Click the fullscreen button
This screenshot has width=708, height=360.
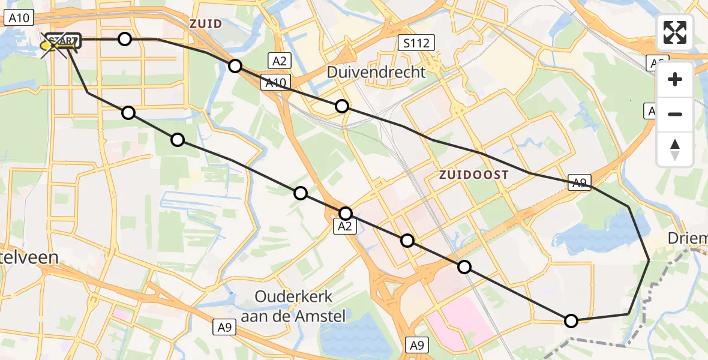[x=675, y=32]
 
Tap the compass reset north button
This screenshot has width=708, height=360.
[x=675, y=149]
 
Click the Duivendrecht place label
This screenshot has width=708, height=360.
[x=376, y=72]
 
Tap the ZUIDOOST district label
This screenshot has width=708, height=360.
[x=474, y=175]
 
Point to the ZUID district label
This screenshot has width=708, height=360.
[x=206, y=24]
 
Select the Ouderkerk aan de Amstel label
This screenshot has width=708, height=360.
[x=300, y=306]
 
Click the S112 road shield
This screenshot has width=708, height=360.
[x=416, y=43]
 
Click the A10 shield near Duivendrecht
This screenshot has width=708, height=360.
[x=276, y=82]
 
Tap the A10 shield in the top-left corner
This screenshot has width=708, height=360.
[x=19, y=18]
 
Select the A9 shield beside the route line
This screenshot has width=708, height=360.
[x=580, y=184]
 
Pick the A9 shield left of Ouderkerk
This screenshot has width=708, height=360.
[x=225, y=328]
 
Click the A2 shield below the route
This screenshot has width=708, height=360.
[x=344, y=226]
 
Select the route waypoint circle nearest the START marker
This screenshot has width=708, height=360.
[x=124, y=39]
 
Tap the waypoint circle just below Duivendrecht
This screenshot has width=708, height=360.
[x=341, y=106]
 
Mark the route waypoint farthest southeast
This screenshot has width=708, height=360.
[x=571, y=321]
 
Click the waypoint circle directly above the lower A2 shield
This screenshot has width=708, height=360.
[x=346, y=213]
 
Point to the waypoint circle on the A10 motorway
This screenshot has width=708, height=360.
[x=235, y=66]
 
